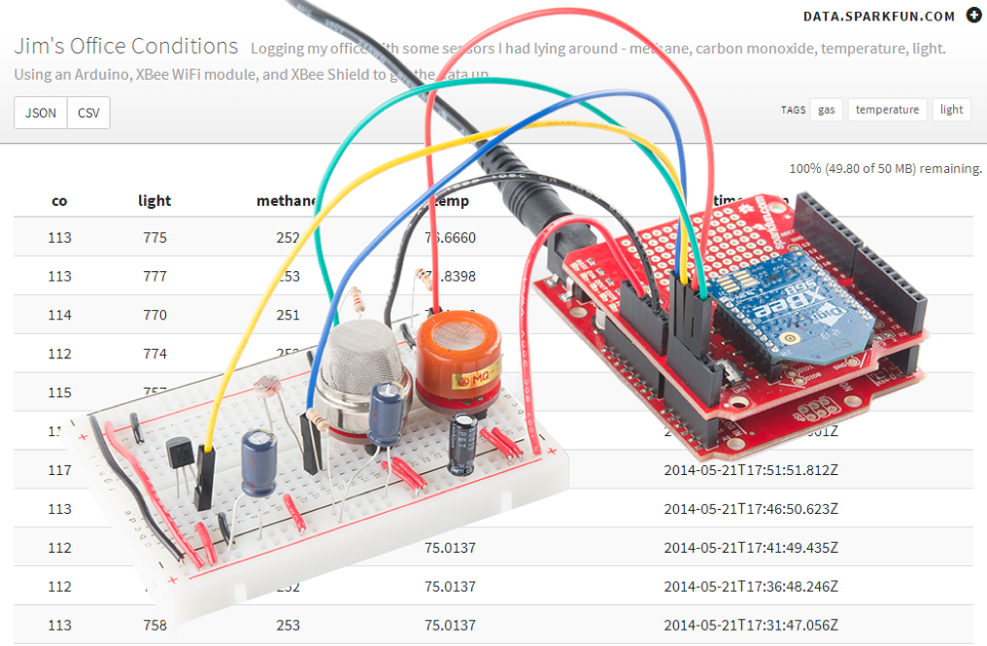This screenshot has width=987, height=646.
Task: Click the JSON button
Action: point(41,113)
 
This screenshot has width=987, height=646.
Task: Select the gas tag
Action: point(826,110)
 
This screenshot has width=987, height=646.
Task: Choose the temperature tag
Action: point(887,110)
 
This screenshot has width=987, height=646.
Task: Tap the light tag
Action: point(951,110)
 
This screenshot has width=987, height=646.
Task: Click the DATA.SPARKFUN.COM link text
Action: point(879,16)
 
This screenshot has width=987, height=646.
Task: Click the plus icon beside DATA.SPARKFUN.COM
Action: point(974,16)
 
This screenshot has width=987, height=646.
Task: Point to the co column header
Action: point(59,201)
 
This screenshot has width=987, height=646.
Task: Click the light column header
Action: point(154,201)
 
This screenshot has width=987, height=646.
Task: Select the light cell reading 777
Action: point(154,276)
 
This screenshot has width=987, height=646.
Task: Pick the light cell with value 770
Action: point(154,315)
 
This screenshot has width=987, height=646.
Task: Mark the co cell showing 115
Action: point(59,392)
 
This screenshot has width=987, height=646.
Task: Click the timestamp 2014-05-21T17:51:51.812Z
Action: point(751,469)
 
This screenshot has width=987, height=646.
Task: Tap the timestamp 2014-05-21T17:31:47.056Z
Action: point(751,625)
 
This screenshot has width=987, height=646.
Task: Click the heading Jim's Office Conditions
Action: point(125,46)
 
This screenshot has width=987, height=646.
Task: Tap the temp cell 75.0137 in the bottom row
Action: point(450,625)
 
